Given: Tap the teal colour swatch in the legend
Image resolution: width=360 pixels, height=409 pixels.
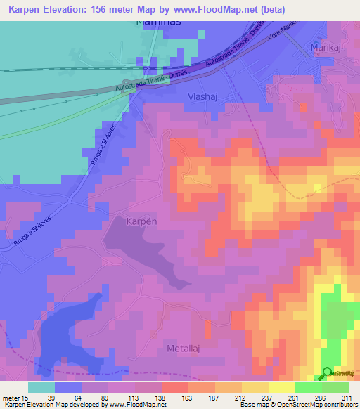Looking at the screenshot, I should click(41, 387).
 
